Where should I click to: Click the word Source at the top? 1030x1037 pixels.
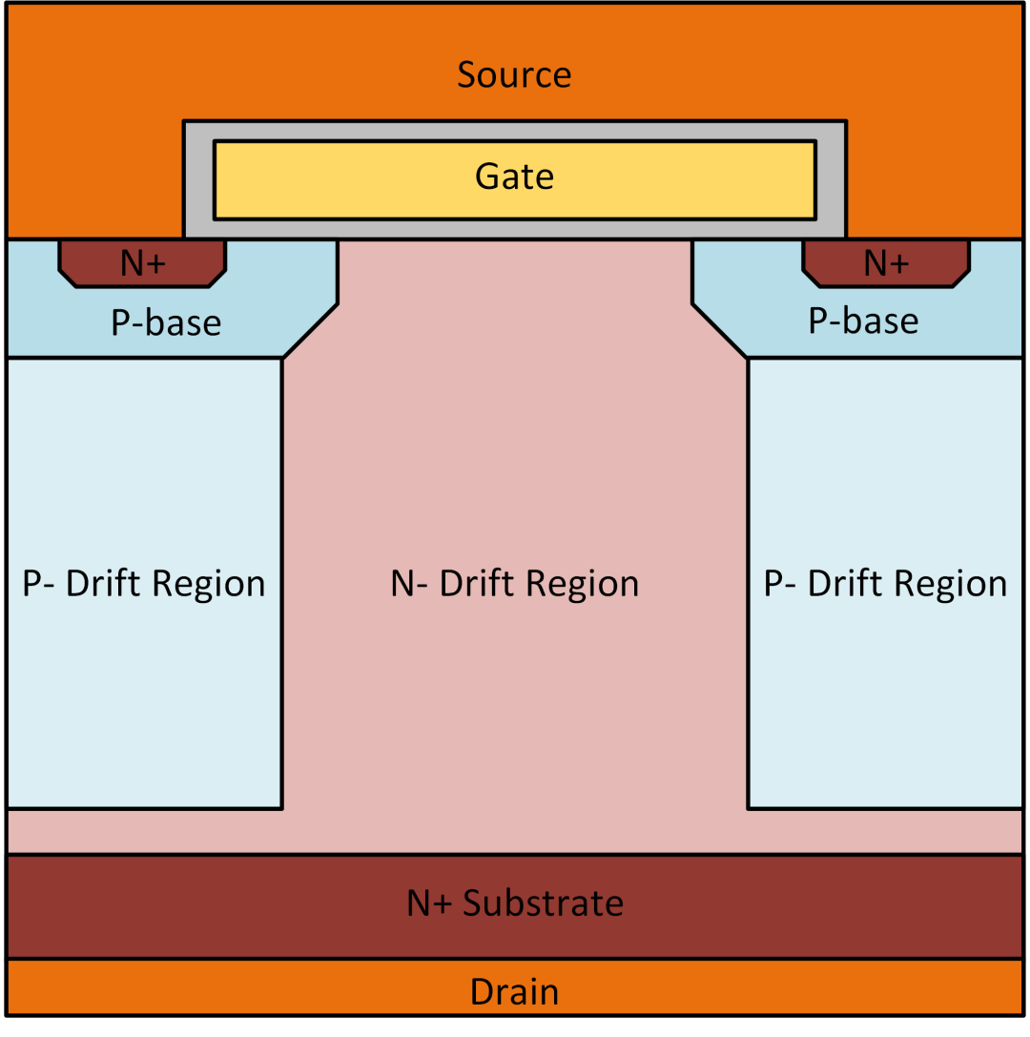click(514, 74)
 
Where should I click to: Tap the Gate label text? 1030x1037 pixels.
click(514, 176)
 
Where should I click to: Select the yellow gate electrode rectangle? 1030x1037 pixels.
click(362, 180)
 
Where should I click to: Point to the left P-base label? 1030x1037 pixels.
click(166, 323)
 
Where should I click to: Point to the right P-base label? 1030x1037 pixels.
click(863, 321)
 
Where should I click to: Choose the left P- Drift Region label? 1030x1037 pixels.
click(144, 584)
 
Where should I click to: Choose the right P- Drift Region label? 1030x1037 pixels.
click(885, 584)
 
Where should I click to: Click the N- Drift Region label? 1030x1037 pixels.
click(515, 584)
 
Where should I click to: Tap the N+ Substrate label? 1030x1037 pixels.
click(515, 902)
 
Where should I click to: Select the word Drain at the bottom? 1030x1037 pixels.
click(514, 992)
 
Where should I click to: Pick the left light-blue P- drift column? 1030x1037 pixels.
click(144, 458)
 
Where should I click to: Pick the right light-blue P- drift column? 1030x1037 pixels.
click(885, 458)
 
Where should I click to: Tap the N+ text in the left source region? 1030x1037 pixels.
click(143, 263)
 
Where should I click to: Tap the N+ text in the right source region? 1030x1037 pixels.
click(887, 263)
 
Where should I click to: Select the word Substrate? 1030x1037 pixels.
click(544, 902)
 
